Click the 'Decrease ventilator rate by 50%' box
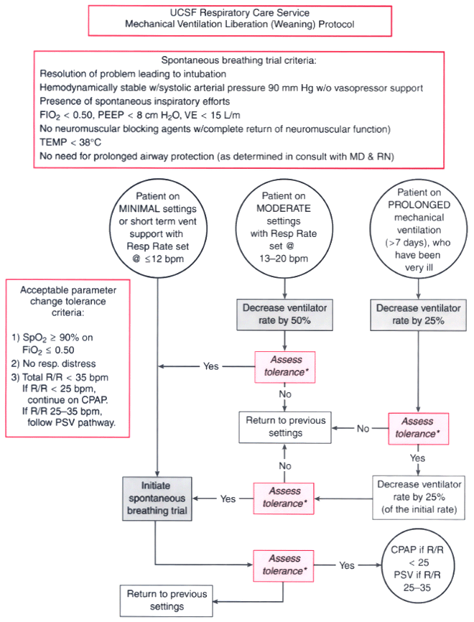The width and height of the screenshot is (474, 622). click(285, 315)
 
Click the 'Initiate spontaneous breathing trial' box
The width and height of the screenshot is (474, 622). click(157, 498)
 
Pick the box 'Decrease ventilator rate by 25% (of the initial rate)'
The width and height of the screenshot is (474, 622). click(419, 497)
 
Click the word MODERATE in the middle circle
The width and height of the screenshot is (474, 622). click(284, 209)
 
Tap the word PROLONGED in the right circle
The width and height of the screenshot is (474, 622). click(419, 205)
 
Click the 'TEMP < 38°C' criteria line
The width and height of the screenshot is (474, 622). click(70, 142)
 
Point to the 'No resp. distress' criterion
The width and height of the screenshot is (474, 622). click(54, 363)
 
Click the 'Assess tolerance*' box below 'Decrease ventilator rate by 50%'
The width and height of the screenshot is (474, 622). click(285, 366)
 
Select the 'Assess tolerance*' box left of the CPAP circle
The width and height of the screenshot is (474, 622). click(284, 566)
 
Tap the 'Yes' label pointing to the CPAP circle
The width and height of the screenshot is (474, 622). click(347, 565)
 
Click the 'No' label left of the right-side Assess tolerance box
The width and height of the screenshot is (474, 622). click(363, 428)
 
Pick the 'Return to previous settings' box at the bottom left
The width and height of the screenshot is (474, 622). click(167, 600)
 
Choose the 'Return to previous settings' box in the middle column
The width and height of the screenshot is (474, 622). click(285, 427)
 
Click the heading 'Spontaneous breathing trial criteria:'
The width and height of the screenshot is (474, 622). click(238, 60)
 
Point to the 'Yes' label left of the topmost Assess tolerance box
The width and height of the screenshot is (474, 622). click(210, 366)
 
